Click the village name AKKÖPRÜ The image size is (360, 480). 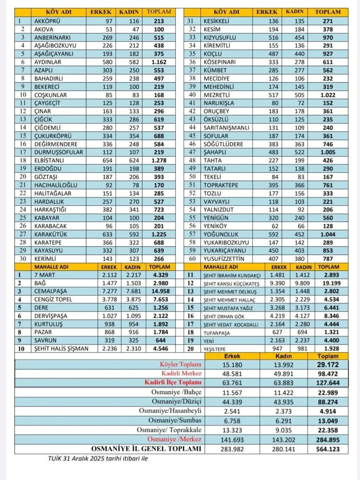pyautogui.click(x=47, y=21)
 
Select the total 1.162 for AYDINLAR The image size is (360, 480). pyautogui.click(x=159, y=62)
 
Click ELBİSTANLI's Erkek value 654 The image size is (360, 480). pyautogui.click(x=107, y=160)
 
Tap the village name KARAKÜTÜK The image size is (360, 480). pyautogui.click(x=51, y=234)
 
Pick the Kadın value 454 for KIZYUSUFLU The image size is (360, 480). pyautogui.click(x=299, y=37)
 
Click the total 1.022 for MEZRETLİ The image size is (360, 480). pyautogui.click(x=328, y=95)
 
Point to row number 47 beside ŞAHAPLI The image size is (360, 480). pyautogui.click(x=192, y=152)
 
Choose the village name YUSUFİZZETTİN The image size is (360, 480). pyautogui.click(x=224, y=259)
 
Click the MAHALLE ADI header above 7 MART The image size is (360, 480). pyautogui.click(x=51, y=267)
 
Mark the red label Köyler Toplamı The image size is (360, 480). pyautogui.click(x=180, y=364)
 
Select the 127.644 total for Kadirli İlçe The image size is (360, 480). pyautogui.click(x=328, y=383)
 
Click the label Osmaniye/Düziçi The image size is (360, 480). pyautogui.click(x=176, y=401)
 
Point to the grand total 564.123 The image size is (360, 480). pyautogui.click(x=328, y=449)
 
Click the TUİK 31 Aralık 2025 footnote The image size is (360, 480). pyautogui.click(x=98, y=459)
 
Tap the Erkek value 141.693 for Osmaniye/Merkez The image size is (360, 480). pyautogui.click(x=232, y=440)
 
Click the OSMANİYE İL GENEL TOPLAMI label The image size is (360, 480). pyautogui.click(x=146, y=449)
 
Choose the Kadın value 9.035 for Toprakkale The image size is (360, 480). pyautogui.click(x=283, y=430)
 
